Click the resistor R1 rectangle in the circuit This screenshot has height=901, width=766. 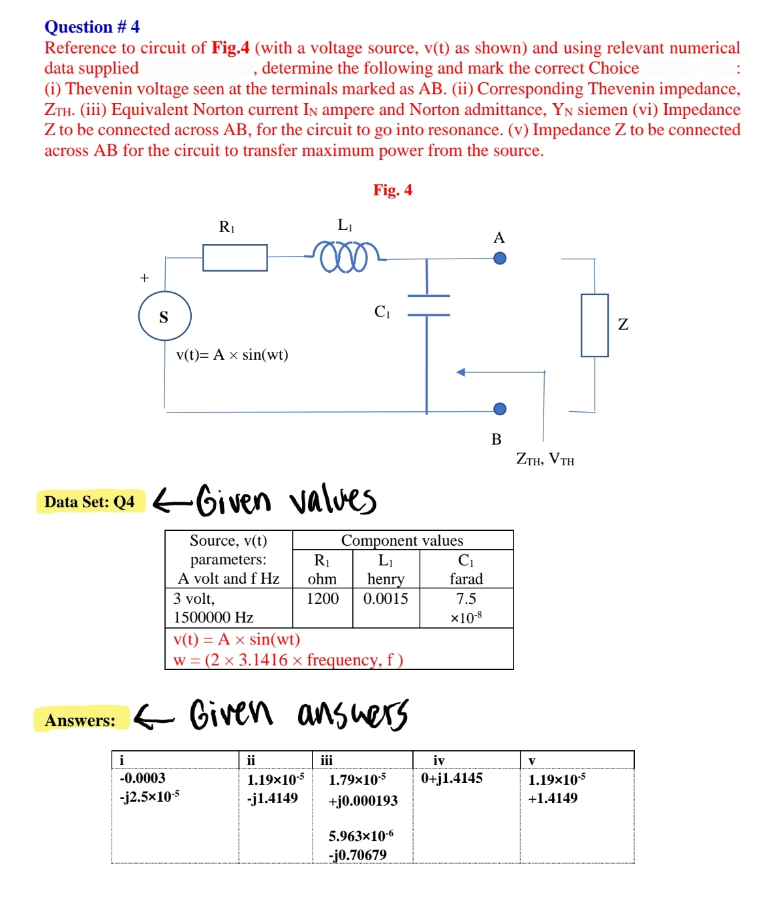coord(235,257)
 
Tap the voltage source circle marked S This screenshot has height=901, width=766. coord(164,317)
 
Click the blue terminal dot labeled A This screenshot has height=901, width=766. coord(500,258)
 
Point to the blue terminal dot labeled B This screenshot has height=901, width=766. coord(500,409)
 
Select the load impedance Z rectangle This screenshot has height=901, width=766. coord(594,325)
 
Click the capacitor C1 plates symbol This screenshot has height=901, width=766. coord(428,305)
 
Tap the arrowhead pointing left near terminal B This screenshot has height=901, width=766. coord(461,372)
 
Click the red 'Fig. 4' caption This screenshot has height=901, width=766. coord(392,190)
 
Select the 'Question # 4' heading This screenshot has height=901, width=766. coord(92,27)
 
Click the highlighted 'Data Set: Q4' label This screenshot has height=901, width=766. coord(89,502)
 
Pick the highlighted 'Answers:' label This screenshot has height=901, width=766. coord(80,720)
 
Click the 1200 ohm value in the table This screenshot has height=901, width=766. coord(322,599)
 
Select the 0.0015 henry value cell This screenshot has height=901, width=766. coord(386,599)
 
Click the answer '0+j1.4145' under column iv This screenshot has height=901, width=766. coord(452,778)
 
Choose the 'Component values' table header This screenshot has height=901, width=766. coord(402,541)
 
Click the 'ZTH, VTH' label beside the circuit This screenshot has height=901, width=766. coord(545,459)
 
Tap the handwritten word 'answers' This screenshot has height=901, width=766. coord(353,713)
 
